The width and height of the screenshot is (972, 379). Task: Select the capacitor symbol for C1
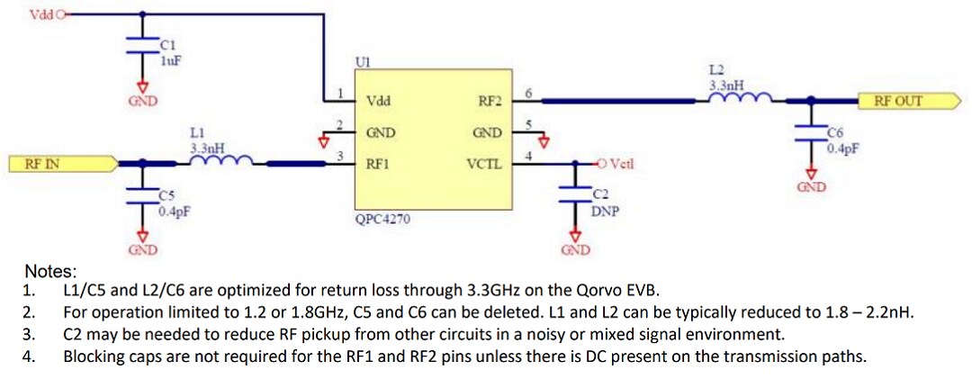(x=140, y=50)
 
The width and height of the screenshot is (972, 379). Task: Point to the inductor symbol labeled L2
(x=740, y=98)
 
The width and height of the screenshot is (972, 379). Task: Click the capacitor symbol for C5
(x=140, y=197)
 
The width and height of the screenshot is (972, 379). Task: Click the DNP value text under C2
(x=605, y=212)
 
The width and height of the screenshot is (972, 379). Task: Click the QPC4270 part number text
(x=382, y=218)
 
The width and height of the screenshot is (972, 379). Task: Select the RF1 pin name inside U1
(x=377, y=164)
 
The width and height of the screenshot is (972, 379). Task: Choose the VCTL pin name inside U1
(x=484, y=164)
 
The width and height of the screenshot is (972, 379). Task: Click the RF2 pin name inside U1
(x=490, y=102)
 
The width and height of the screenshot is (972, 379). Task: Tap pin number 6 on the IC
(x=529, y=93)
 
